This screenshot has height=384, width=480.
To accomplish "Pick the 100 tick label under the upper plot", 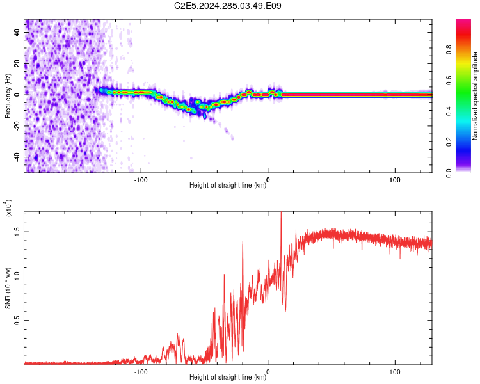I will (395, 180).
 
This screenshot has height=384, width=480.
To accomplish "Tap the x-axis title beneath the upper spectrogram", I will (228, 186).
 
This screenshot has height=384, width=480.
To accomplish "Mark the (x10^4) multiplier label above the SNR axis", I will (9, 209).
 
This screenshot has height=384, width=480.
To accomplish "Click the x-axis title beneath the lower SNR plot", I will (228, 378).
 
